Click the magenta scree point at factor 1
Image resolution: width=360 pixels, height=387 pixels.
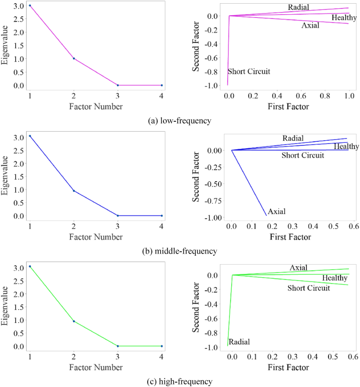(x=30, y=6)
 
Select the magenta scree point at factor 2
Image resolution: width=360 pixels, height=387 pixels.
(x=74, y=58)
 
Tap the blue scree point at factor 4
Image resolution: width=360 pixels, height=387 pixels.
(x=161, y=216)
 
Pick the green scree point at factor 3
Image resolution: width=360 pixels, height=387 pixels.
(x=118, y=346)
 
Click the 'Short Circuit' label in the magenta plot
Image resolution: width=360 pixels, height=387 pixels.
(x=249, y=71)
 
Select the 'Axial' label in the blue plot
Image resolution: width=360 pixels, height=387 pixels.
(x=276, y=212)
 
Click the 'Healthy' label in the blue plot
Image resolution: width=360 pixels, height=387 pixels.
(x=346, y=147)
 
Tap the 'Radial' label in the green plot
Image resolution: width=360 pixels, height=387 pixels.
(x=239, y=342)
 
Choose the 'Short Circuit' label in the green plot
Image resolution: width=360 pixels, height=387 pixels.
(x=308, y=288)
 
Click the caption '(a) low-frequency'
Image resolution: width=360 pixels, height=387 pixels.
(x=180, y=121)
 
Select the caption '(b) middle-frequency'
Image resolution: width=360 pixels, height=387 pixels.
(x=180, y=251)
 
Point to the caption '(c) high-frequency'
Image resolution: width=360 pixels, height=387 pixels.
(x=180, y=381)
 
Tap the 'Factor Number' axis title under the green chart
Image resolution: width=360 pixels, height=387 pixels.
(x=96, y=368)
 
